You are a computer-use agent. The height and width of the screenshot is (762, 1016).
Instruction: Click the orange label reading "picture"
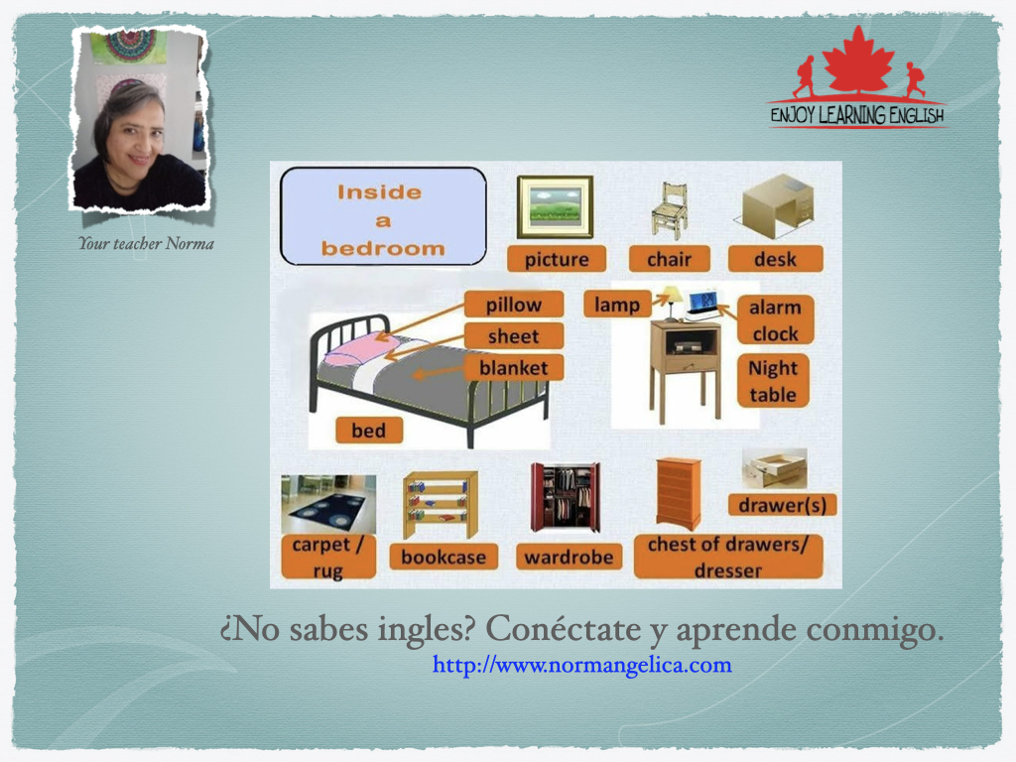557,259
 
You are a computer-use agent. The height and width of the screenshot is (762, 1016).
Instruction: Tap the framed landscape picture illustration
555,206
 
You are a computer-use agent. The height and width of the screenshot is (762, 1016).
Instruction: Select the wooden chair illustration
670,210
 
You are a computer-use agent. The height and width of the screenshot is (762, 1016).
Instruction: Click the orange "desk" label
776,259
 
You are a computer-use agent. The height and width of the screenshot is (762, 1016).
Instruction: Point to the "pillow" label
514,305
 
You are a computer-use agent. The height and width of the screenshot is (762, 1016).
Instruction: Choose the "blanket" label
514,368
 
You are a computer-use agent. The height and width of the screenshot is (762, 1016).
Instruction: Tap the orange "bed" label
369,431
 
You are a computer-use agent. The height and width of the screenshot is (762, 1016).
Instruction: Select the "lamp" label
617,305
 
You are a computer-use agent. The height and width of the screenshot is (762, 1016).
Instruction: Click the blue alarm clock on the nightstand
702,304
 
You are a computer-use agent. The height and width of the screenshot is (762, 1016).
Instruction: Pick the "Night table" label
773,381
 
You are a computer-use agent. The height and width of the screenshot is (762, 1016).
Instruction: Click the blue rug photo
328,504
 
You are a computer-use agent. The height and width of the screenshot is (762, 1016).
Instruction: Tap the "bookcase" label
444,557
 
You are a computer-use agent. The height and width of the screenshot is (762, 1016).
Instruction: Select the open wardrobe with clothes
566,496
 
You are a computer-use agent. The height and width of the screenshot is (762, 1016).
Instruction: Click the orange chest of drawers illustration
679,494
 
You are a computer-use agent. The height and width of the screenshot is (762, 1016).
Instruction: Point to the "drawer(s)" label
783,505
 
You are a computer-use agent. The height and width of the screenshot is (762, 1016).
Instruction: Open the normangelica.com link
581,665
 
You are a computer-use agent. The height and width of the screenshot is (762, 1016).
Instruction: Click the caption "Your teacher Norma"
146,244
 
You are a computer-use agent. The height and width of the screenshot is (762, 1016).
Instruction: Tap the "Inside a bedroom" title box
383,216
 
